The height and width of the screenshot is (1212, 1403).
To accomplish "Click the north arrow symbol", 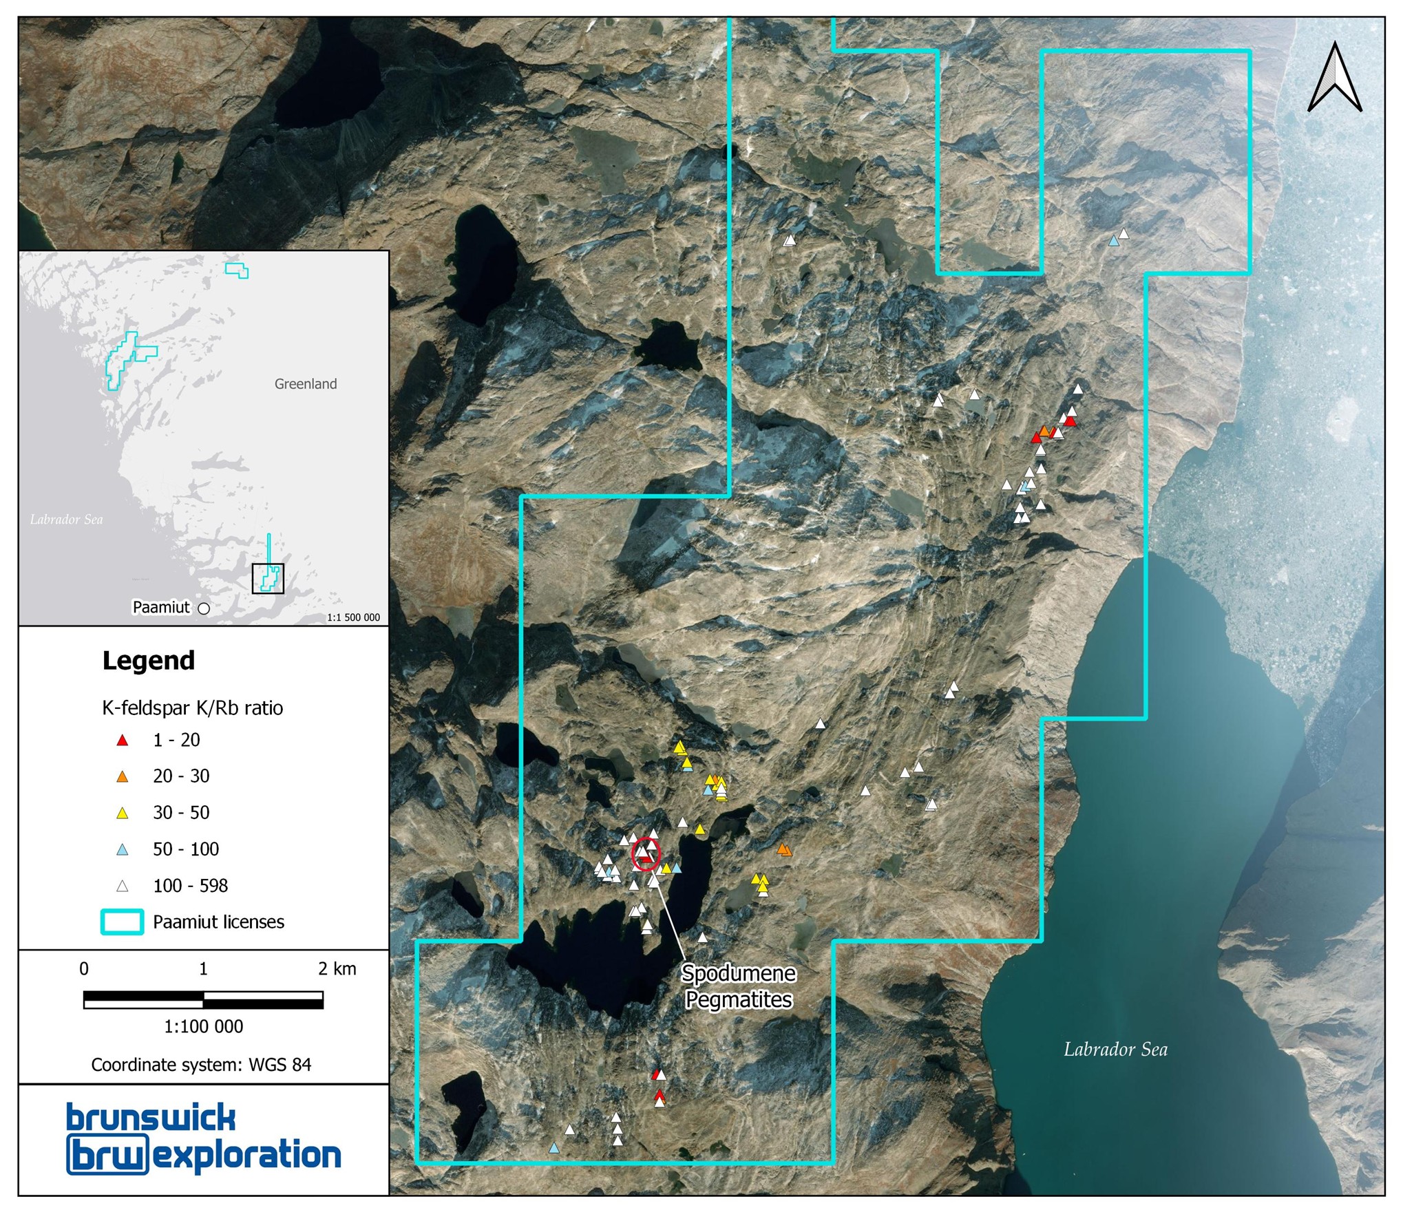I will click(x=1334, y=77).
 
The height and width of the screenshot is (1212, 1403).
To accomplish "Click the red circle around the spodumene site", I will click(x=646, y=854).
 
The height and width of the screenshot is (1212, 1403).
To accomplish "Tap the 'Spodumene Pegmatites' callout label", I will click(x=739, y=986).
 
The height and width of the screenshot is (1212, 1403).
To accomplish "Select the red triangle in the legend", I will click(x=123, y=741).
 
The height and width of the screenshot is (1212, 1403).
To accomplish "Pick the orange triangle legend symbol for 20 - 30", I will click(x=123, y=777).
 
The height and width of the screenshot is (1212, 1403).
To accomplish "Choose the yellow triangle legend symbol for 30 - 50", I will click(x=123, y=814).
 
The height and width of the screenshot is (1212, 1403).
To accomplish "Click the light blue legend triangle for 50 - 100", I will click(x=123, y=850).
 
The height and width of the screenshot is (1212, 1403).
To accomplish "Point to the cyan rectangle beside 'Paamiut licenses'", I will click(x=123, y=922).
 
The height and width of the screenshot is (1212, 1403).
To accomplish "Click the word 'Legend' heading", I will click(x=149, y=661).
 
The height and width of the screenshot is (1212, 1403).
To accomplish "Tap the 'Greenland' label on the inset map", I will click(x=306, y=384).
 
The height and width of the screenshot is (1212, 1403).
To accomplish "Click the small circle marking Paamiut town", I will click(x=204, y=608).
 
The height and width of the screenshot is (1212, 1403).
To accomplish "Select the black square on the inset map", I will click(x=268, y=578).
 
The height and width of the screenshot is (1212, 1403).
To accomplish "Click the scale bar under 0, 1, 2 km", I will click(x=203, y=1000).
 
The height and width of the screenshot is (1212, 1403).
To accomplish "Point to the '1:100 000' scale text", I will click(x=204, y=1027).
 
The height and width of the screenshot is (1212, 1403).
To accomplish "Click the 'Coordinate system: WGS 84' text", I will click(x=201, y=1065).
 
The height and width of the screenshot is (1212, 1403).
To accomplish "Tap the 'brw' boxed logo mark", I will click(x=107, y=1156).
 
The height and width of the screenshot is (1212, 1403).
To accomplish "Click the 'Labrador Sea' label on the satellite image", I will click(x=1115, y=1050).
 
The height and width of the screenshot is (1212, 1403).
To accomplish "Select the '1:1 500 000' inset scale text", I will click(x=353, y=617).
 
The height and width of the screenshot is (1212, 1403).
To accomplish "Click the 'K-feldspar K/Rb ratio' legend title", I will click(x=193, y=708).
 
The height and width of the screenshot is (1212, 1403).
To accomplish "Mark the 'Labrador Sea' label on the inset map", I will click(x=67, y=520).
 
